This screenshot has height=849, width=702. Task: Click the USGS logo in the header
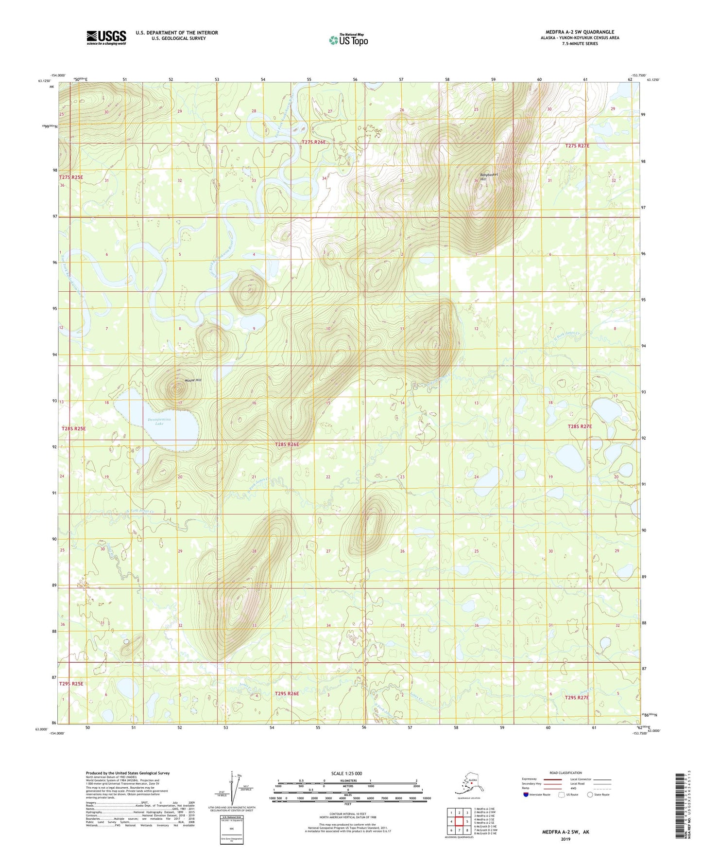pos(106,37)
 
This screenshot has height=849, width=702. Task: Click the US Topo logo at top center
pos(348,40)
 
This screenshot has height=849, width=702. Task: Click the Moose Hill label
pos(179,380)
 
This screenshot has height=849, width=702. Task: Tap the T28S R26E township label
pos(287,444)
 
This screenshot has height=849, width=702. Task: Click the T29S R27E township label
pos(577,697)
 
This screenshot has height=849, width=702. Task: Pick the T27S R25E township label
pos(71,177)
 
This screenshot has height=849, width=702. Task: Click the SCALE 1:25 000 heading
pos(346,773)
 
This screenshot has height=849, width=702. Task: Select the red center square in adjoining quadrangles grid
pos(459,822)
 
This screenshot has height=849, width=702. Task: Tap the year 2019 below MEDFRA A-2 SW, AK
pos(565,839)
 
